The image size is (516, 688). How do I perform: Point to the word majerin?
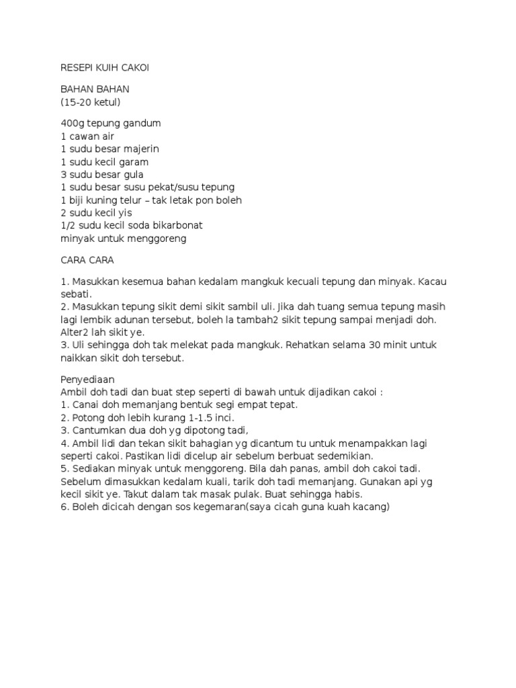pyautogui.click(x=139, y=149)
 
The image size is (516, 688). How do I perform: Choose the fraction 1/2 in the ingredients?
pyautogui.click(x=68, y=225)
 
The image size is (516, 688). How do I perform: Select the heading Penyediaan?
pyautogui.click(x=88, y=380)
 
